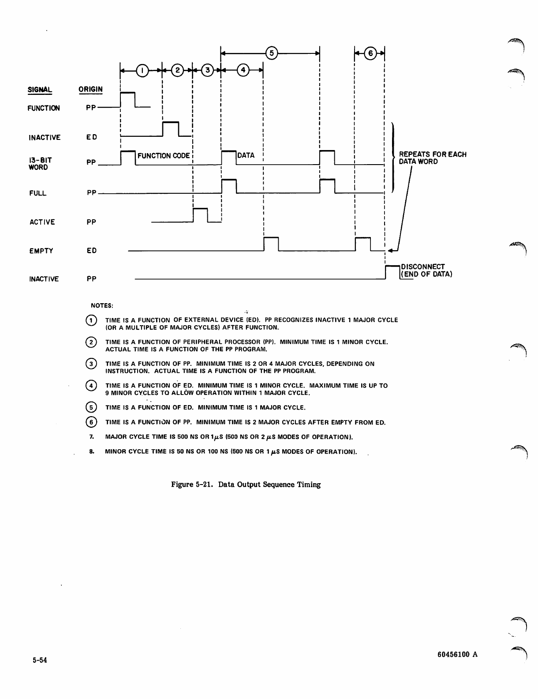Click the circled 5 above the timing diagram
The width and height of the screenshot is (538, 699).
coord(272,53)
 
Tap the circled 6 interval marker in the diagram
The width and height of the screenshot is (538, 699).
coord(370,53)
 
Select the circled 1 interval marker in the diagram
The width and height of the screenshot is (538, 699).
coord(142,70)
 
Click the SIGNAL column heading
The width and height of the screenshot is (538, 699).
coord(40,90)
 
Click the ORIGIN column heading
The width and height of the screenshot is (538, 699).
coord(90,89)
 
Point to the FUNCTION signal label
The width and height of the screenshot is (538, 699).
coord(44,108)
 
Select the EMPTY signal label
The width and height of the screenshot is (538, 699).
coord(41,251)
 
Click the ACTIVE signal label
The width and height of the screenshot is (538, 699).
coord(42,222)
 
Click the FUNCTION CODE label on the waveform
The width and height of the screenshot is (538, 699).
coord(164,156)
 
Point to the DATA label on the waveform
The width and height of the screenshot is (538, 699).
coord(246,155)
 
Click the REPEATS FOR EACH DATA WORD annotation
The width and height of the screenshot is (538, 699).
coord(432,158)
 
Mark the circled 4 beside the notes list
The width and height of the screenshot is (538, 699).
coord(91,386)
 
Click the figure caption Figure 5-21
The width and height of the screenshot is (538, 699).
coord(246,485)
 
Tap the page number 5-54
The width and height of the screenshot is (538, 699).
coord(40,661)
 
